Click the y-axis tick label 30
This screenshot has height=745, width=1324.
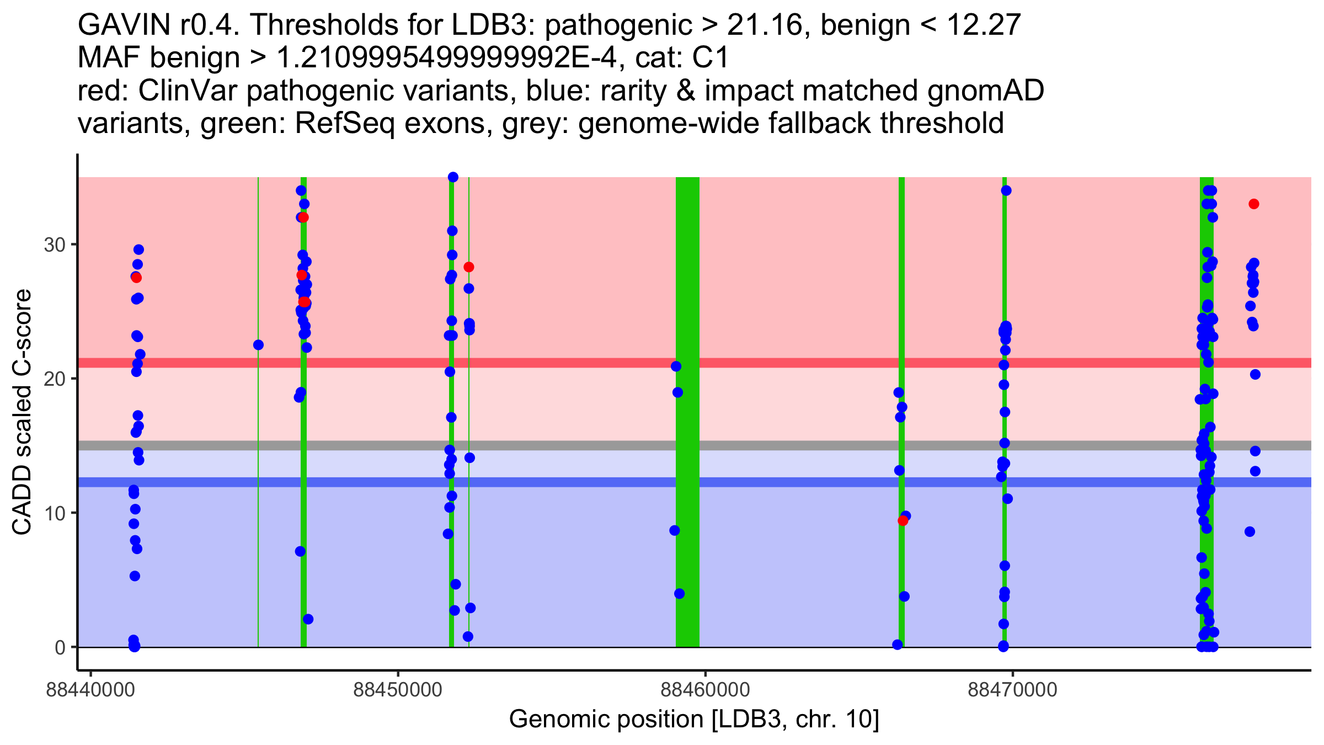(54, 244)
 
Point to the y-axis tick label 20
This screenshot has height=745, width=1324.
(54, 379)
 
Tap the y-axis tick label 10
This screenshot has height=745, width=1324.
(54, 513)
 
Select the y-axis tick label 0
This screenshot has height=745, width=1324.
(60, 647)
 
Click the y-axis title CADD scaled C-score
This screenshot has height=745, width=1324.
(22, 412)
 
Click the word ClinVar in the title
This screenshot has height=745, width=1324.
(188, 91)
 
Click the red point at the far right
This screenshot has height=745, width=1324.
(1254, 204)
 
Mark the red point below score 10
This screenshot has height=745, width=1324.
(903, 520)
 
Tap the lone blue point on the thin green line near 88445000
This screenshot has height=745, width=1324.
(258, 345)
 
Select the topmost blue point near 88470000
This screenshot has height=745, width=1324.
(1006, 190)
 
